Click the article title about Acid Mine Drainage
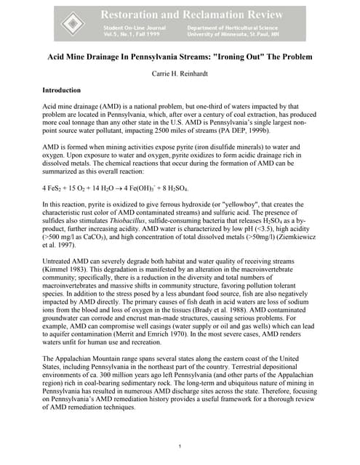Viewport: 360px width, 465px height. tap(180, 57)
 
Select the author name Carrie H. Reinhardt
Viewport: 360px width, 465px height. tap(180, 74)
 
